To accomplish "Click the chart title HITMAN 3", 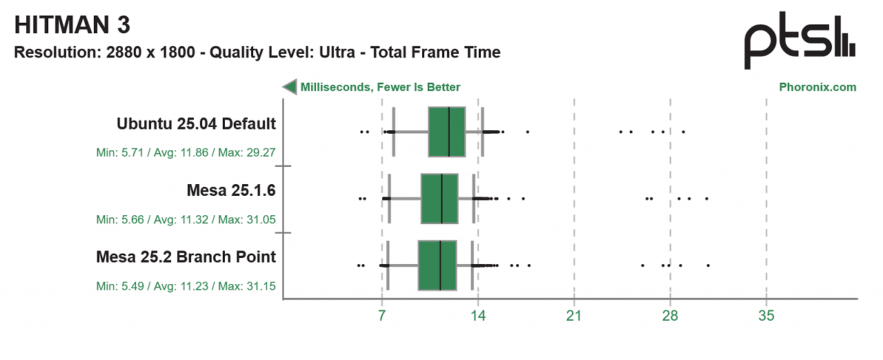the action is coord(72,25).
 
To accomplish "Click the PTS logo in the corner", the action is coord(800,41).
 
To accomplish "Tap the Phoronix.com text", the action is coord(817,87).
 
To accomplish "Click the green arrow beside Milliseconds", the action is coord(290,87).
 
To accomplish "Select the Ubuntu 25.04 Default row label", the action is coord(197,123).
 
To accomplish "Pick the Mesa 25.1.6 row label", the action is coord(231,190).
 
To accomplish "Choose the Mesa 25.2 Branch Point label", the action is coord(186,257).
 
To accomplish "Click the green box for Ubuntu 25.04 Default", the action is coord(446,132).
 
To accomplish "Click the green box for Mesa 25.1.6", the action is coord(439,199).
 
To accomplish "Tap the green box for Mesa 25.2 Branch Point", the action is coord(437,265).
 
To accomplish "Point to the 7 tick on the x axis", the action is coord(381,315).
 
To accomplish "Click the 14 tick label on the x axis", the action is coord(478,315).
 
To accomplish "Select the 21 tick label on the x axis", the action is coord(574,315).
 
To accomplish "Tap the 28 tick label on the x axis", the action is coord(670,315).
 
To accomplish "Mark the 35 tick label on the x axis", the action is coord(766,315).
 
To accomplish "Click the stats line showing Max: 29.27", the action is coord(186,152).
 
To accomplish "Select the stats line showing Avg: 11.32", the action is coord(186,219).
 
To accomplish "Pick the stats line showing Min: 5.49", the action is coord(186,286).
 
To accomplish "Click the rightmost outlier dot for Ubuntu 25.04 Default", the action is coord(683,132).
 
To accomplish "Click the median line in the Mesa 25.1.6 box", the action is coord(441,199).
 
